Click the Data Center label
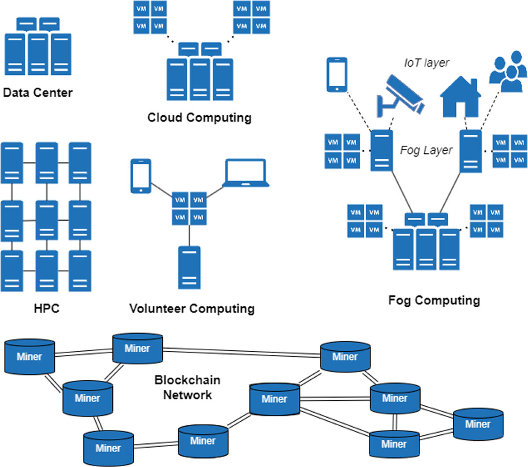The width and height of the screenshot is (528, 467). [37, 92]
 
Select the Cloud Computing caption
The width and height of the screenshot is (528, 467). [199, 118]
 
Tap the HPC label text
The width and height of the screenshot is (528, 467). [46, 308]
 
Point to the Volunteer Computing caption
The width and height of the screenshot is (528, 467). [192, 309]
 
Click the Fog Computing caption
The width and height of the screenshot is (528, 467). [434, 300]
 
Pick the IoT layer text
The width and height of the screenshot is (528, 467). [426, 63]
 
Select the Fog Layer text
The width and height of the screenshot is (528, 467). [426, 151]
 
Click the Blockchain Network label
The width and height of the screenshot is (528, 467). [187, 387]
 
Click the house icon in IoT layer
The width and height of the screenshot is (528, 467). [461, 97]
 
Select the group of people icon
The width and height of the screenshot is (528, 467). [508, 74]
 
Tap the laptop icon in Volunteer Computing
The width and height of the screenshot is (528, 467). [246, 173]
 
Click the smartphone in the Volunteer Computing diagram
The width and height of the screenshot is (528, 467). [141, 176]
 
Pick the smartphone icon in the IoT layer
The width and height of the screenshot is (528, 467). [337, 75]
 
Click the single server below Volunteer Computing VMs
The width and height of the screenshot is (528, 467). [189, 267]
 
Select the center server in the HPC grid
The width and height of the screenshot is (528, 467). [47, 220]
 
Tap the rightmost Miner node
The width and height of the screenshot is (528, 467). [478, 424]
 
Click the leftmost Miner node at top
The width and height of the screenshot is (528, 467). [29, 357]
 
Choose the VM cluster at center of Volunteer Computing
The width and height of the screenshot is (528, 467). [189, 209]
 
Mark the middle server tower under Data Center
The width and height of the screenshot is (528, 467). [38, 54]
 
